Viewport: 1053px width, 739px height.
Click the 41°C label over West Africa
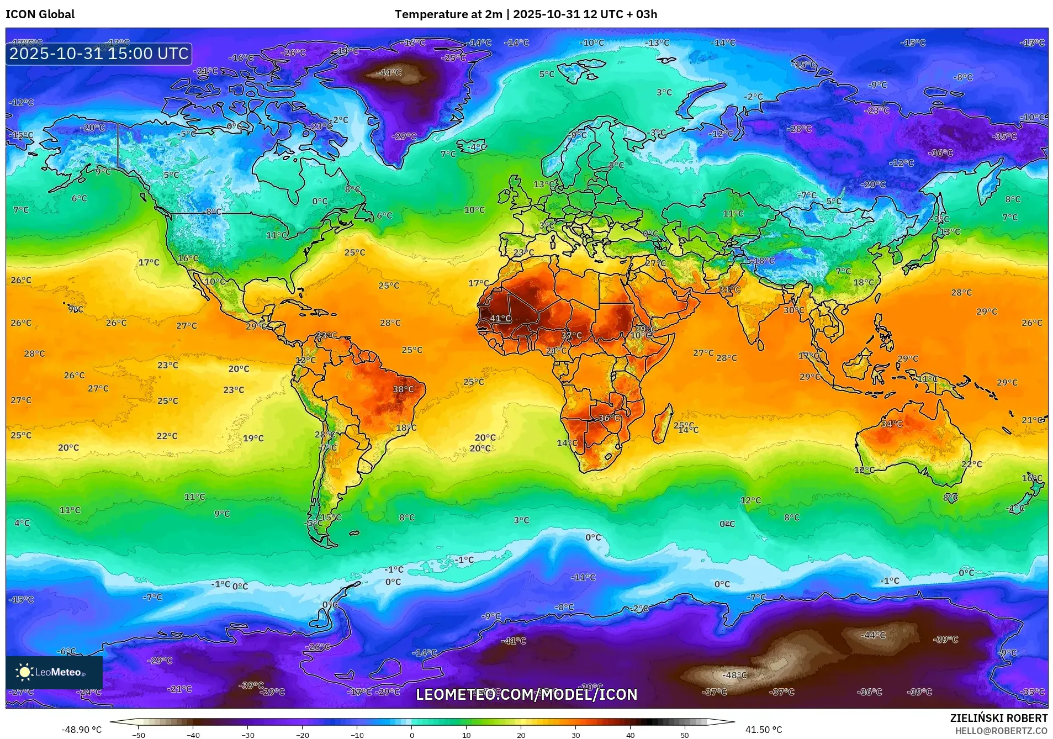coord(500,319)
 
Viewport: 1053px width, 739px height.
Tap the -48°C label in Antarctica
coord(735,675)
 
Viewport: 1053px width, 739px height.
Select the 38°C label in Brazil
coord(403,389)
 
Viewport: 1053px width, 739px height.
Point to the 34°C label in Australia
coord(892,424)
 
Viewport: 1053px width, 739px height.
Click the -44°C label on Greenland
coord(389,72)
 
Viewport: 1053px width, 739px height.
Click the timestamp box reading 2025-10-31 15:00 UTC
coord(99,54)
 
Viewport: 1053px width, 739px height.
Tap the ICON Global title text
coord(40,14)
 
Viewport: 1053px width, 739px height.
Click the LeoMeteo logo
coord(54,672)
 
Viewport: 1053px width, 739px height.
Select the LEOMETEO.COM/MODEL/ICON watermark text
coord(526,694)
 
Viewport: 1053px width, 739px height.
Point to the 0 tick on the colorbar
coord(411,735)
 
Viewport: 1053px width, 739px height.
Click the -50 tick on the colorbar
coord(139,735)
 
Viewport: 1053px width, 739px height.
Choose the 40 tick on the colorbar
coord(630,735)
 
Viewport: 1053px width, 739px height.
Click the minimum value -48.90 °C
coord(81,730)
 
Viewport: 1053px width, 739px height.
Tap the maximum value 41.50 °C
coord(763,730)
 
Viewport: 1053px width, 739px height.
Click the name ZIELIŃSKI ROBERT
coord(998,718)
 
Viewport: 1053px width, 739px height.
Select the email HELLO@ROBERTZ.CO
coord(1001,731)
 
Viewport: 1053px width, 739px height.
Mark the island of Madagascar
coord(662,424)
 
